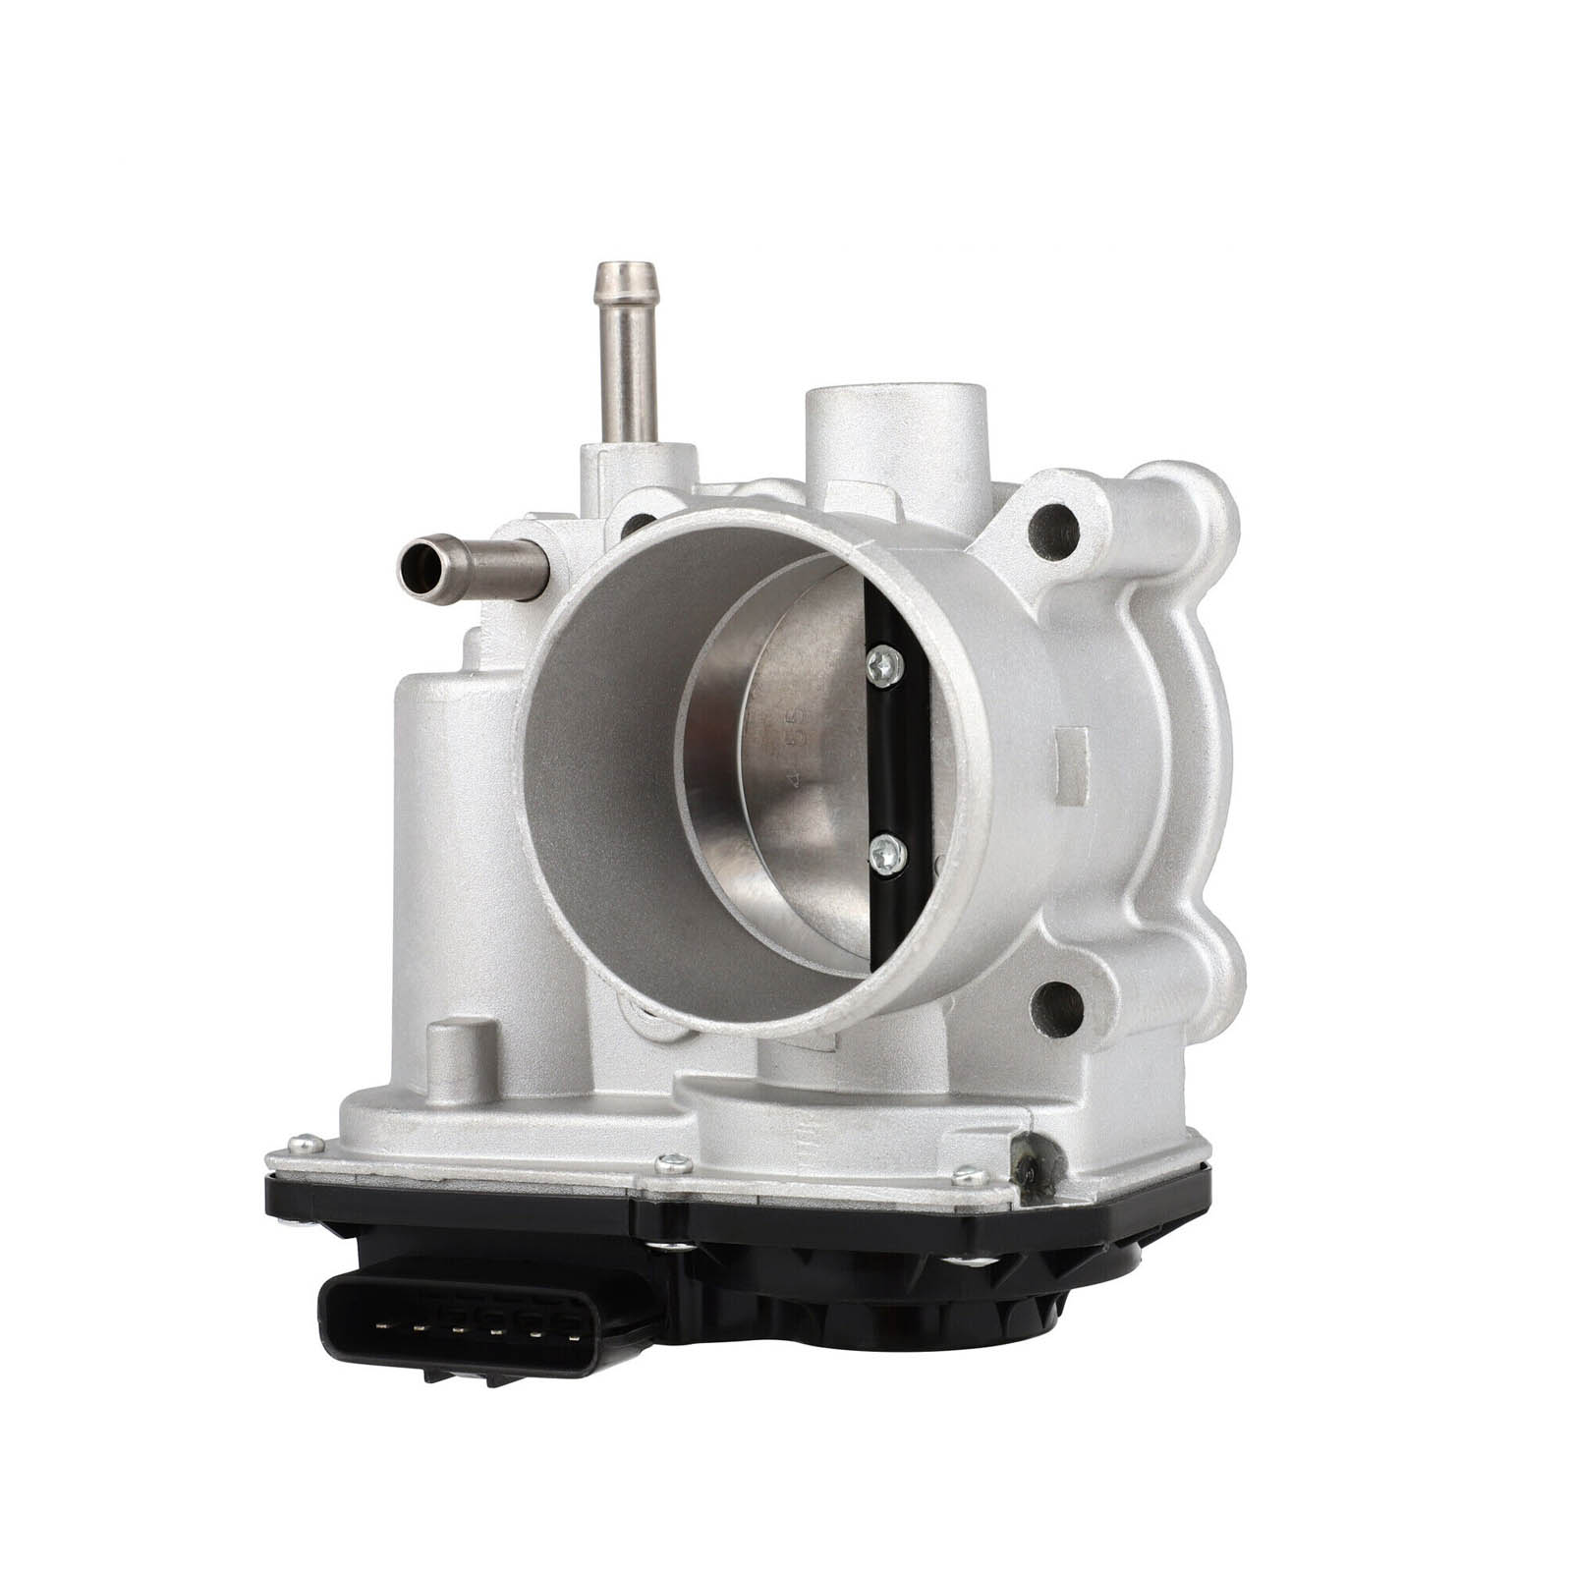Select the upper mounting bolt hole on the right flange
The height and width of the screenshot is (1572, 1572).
[x=1054, y=533]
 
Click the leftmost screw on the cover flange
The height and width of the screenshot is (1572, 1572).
[x=305, y=1143]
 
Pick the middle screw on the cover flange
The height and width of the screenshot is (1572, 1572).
[x=674, y=1163]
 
